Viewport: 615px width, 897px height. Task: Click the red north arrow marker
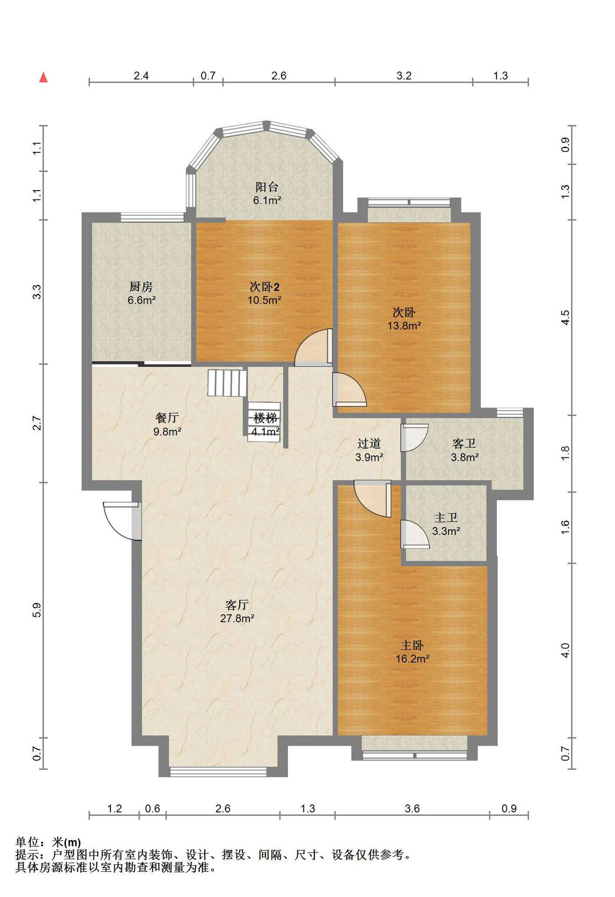tap(43, 77)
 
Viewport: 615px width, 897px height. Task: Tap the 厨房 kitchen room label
tap(141, 286)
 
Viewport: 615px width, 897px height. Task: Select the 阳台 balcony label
tap(267, 187)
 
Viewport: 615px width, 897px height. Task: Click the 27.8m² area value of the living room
tap(237, 619)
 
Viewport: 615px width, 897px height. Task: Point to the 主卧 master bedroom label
tap(412, 645)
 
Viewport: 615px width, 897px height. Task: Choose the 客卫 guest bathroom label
tap(464, 443)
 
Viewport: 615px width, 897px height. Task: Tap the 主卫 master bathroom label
tap(446, 518)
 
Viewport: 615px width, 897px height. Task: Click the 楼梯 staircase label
tap(265, 418)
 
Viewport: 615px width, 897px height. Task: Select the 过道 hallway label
tap(369, 443)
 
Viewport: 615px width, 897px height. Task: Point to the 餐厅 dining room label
tap(167, 418)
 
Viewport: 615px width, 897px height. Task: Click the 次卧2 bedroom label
tap(265, 286)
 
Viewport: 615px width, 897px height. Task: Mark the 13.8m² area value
tap(404, 326)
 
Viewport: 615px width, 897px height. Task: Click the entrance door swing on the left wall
tap(122, 520)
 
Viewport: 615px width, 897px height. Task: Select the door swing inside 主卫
tap(415, 534)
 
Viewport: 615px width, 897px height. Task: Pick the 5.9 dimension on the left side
tap(37, 610)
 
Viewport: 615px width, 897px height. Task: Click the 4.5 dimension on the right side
tap(565, 318)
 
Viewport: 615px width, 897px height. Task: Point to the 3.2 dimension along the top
tap(404, 76)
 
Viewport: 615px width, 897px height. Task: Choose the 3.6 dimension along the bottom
tap(412, 808)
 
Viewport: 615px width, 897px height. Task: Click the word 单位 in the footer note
tap(27, 842)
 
